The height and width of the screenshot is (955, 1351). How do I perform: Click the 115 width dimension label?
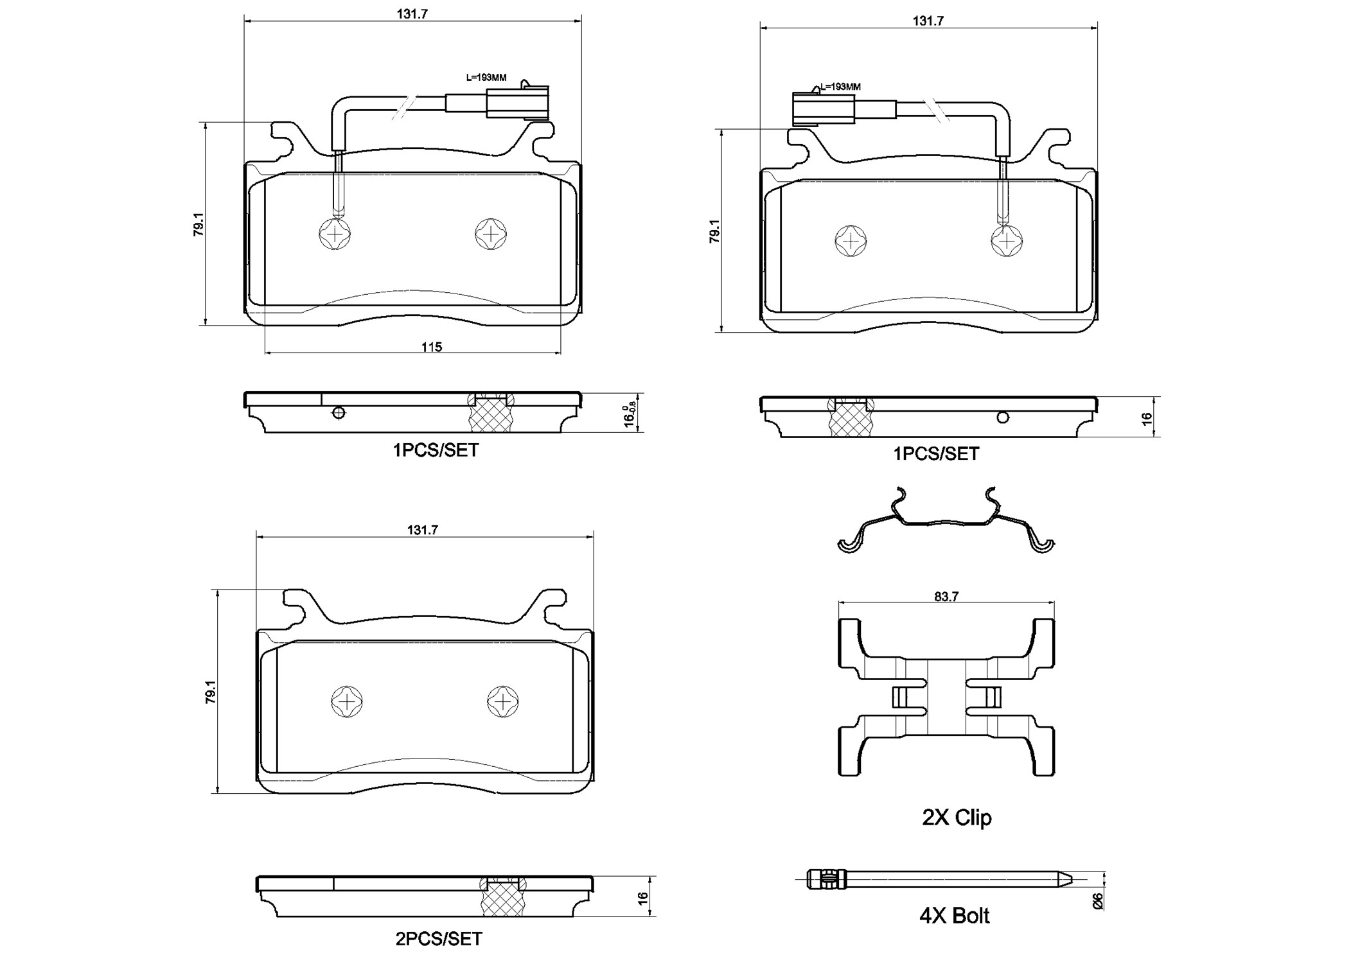click(432, 347)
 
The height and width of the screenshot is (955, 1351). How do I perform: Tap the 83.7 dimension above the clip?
click(946, 597)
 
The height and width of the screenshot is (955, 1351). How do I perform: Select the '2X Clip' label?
click(957, 818)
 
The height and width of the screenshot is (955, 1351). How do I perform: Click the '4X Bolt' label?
click(954, 916)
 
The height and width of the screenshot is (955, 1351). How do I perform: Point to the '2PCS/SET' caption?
click(439, 939)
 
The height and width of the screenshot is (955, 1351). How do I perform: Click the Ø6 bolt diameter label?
click(1097, 901)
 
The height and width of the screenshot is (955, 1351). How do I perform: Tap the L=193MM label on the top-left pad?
click(486, 78)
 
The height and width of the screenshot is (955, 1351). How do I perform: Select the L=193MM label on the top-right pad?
click(841, 87)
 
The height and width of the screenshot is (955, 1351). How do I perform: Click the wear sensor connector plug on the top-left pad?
click(518, 103)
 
